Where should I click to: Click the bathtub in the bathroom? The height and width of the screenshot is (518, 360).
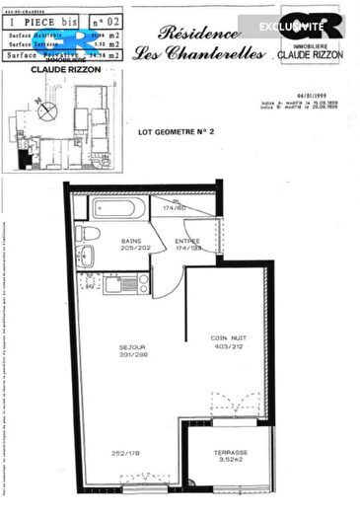click(119, 208)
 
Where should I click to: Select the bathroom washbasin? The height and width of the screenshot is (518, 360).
click(85, 257)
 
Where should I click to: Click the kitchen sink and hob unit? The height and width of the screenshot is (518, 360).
click(126, 285)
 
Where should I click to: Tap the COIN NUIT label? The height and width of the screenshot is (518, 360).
click(226, 337)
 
